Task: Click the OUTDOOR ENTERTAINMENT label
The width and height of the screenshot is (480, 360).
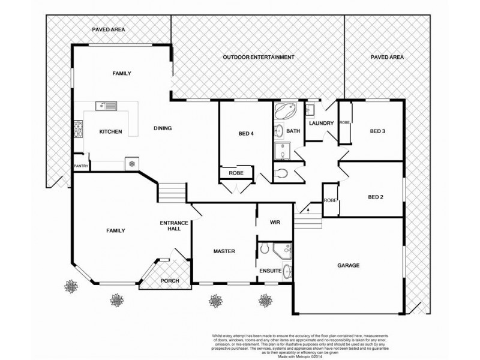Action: click(259, 57)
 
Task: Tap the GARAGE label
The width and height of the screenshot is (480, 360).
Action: click(348, 265)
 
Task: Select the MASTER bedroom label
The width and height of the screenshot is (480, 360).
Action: click(224, 251)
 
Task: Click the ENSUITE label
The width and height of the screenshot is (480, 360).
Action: click(271, 271)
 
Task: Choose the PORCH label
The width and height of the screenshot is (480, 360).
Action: click(169, 281)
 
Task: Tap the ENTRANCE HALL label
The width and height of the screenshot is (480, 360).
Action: click(175, 226)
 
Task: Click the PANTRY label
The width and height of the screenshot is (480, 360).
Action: click(81, 166)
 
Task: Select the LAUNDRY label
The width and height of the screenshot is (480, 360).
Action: click(321, 124)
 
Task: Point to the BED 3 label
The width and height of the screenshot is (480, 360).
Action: click(377, 131)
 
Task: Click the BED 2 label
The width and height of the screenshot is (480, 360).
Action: click(376, 197)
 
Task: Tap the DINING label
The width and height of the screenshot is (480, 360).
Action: click(163, 128)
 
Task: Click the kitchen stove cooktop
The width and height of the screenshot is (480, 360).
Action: click(78, 128)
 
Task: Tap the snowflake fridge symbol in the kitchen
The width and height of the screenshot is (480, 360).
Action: click(131, 164)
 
